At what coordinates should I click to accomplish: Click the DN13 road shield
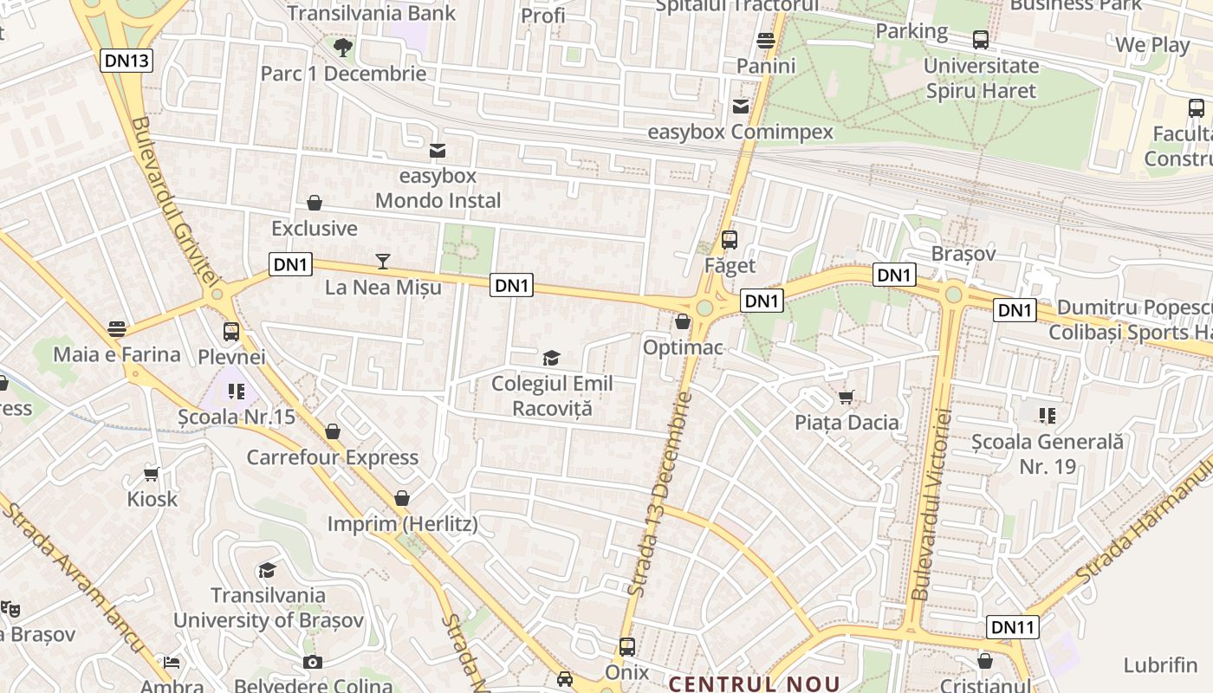127,61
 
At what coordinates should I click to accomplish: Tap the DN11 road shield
1013,627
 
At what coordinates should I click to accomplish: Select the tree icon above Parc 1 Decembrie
343,47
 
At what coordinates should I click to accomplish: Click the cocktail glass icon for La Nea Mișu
383,261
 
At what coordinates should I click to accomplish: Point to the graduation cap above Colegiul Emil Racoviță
551,358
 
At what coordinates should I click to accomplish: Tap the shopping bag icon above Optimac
683,322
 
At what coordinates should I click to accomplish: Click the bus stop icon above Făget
730,240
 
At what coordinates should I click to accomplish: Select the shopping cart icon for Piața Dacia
847,398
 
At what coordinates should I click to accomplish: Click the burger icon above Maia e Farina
117,329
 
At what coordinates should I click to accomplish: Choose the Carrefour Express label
333,457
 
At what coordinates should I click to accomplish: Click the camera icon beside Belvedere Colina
313,663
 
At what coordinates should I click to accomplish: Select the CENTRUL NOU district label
754,684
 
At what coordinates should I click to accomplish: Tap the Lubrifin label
1160,665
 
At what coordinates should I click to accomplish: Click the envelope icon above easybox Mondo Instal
438,152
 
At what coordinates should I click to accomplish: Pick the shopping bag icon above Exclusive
315,204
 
